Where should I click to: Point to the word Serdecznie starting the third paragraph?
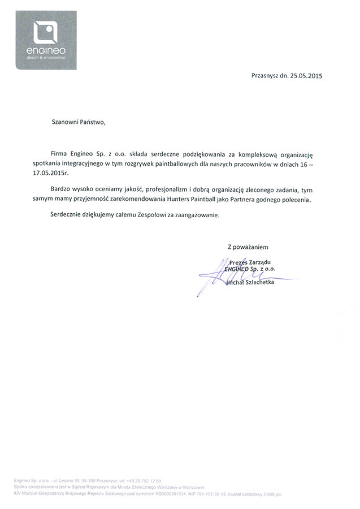tap(68, 215)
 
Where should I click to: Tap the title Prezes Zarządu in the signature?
tap(250, 262)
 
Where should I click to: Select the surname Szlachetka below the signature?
tap(258, 282)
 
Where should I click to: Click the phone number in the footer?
tap(136, 481)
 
